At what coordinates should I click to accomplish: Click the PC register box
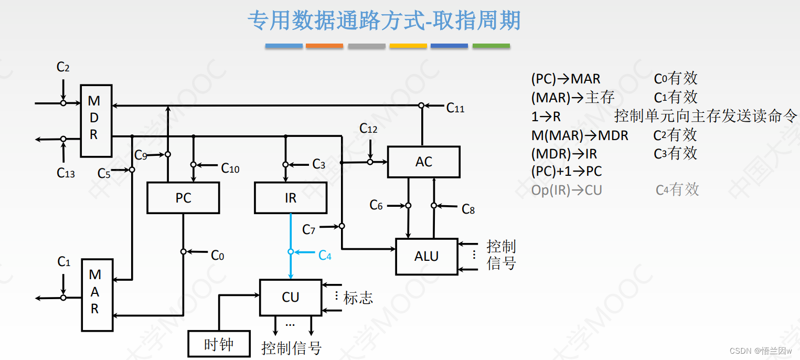183,198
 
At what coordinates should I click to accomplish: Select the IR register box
290,198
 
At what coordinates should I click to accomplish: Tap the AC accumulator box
423,162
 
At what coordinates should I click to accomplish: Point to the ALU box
426,257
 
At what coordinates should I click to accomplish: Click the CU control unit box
290,297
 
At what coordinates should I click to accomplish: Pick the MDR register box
95,121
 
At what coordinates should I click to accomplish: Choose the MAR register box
97,295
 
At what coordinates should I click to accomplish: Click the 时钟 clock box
218,344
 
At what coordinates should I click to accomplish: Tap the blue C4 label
325,256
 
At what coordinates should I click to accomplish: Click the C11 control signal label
455,108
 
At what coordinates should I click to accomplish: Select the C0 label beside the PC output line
217,256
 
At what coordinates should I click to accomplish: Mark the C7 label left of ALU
309,229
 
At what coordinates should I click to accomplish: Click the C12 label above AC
368,128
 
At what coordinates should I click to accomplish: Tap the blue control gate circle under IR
291,252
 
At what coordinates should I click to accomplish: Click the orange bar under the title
324,46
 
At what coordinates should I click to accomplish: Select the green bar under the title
491,46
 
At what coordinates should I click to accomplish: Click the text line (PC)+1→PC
567,171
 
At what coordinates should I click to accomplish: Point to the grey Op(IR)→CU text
567,190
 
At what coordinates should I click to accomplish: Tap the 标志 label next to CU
358,298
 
